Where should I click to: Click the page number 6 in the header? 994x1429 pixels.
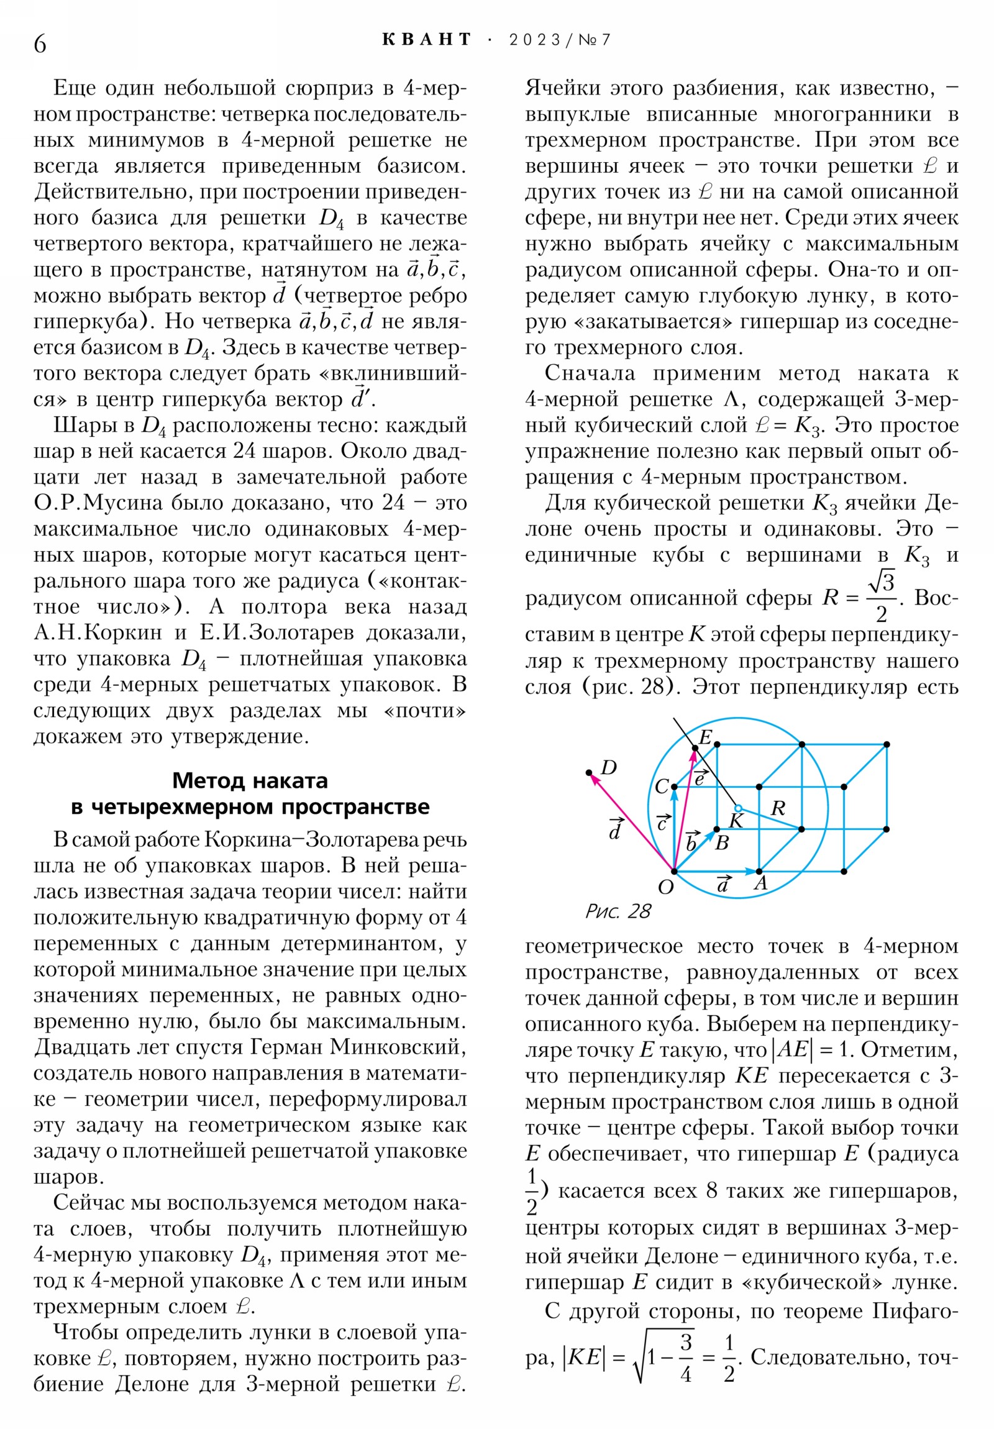pyautogui.click(x=40, y=43)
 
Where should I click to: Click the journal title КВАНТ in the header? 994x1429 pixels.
pyautogui.click(x=427, y=40)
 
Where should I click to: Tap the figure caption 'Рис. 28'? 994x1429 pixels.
pyautogui.click(x=618, y=912)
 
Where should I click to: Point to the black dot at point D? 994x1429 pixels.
pyautogui.click(x=589, y=773)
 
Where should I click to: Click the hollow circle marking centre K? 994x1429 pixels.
pyautogui.click(x=738, y=808)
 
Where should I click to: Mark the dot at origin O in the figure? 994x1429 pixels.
pyautogui.click(x=674, y=871)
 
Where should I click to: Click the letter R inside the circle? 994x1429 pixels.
pyautogui.click(x=778, y=808)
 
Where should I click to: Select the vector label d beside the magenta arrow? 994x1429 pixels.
pyautogui.click(x=615, y=829)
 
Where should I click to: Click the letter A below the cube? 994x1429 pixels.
pyautogui.click(x=760, y=883)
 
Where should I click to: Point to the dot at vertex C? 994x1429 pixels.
pyautogui.click(x=674, y=787)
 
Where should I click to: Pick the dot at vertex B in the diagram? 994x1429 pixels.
pyautogui.click(x=717, y=829)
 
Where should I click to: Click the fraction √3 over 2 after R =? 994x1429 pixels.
pyautogui.click(x=882, y=598)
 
